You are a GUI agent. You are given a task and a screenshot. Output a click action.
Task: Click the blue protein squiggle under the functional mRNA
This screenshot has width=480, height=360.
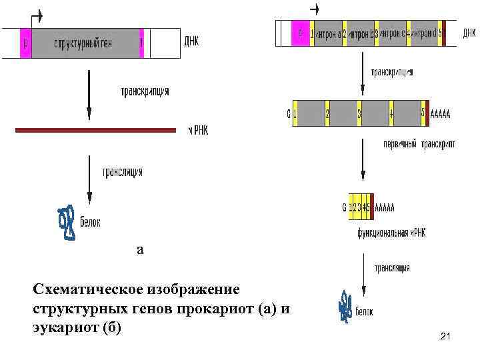345,307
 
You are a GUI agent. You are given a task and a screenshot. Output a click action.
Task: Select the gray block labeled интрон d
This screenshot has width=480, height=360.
424,33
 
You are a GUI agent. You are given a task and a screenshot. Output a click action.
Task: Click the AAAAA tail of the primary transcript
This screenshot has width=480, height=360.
440,115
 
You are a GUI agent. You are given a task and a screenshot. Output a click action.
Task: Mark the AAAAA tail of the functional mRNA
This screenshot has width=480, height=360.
385,208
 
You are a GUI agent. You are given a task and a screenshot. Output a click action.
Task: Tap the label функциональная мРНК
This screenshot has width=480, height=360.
391,233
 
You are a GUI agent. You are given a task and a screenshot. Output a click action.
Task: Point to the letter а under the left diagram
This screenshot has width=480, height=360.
139,249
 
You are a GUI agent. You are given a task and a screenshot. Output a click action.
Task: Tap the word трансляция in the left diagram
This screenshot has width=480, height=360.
122,171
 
